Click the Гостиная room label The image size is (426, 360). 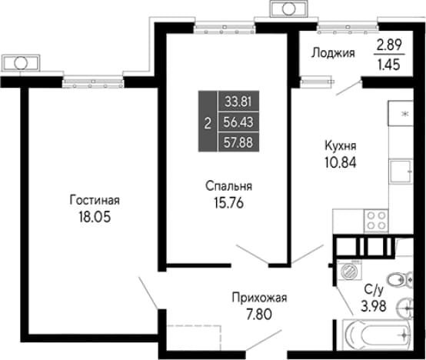coord(95,200)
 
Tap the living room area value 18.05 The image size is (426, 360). coord(95,217)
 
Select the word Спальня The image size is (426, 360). coord(228,186)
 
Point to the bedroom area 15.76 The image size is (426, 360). coord(228,202)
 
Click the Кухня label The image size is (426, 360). coord(341,146)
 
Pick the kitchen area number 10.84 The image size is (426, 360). coord(341,162)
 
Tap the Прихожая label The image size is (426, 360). coord(259,298)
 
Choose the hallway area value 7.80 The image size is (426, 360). coord(259,315)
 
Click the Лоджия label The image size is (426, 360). coord(333,53)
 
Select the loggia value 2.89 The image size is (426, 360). coord(389,45)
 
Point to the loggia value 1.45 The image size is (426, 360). coord(389,65)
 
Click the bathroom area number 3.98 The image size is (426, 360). coord(374,306)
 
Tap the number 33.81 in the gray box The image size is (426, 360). coord(238,102)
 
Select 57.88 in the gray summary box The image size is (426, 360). coord(238,142)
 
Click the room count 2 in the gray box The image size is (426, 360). coord(208,124)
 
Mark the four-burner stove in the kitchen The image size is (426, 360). coord(376,220)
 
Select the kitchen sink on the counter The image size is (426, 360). coord(401,172)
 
